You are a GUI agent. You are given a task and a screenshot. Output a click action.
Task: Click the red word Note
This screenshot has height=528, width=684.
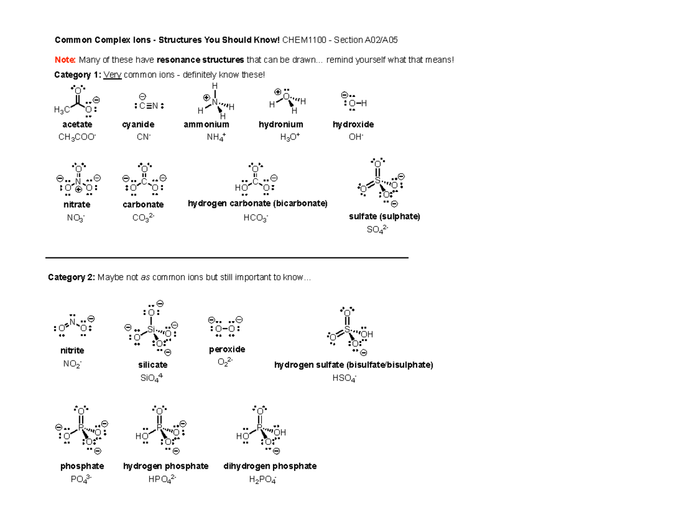click(65, 60)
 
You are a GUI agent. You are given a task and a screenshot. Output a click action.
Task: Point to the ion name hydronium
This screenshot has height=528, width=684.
click(280, 124)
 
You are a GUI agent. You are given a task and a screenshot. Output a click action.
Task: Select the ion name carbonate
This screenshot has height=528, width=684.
click(143, 204)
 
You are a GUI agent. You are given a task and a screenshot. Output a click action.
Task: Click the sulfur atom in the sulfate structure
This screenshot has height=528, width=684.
click(377, 181)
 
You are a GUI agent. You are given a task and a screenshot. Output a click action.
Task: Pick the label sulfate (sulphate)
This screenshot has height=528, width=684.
click(384, 217)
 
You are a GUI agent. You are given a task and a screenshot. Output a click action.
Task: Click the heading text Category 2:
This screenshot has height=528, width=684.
click(71, 277)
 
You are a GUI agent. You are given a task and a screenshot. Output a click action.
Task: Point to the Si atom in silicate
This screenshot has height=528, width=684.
click(151, 330)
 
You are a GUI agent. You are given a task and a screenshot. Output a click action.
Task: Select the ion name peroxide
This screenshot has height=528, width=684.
click(227, 349)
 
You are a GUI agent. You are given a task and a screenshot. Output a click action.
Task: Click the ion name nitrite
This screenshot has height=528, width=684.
click(72, 351)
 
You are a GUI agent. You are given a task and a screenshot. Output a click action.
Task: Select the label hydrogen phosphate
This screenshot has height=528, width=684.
click(166, 466)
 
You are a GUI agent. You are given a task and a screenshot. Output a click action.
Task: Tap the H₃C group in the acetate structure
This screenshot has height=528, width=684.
click(59, 109)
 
